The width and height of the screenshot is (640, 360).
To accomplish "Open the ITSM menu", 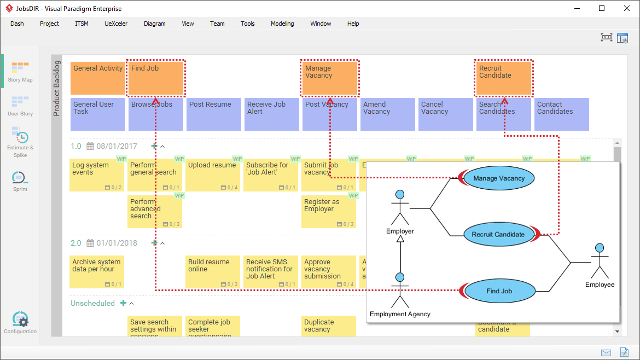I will (x=82, y=24).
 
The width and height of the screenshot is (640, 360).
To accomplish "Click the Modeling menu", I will (x=282, y=24).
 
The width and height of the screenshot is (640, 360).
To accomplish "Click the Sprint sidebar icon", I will (x=20, y=181).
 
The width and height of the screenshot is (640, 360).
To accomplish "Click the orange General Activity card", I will (x=98, y=78).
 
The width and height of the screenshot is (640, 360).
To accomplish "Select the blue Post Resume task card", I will (x=214, y=114).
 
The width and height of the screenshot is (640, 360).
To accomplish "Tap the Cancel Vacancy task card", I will (x=445, y=114).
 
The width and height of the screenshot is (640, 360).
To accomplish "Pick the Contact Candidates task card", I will (x=561, y=114).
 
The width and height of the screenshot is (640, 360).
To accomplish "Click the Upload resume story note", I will (x=213, y=174).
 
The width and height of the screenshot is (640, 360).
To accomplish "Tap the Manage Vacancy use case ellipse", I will (x=499, y=178).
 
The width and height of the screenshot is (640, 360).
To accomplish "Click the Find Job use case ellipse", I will (x=499, y=291).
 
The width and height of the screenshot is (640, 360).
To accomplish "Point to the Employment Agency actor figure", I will (x=400, y=290).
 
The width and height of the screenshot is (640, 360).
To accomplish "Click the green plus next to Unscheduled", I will (x=123, y=303).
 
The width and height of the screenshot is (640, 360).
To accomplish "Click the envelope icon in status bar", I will (x=606, y=352).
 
